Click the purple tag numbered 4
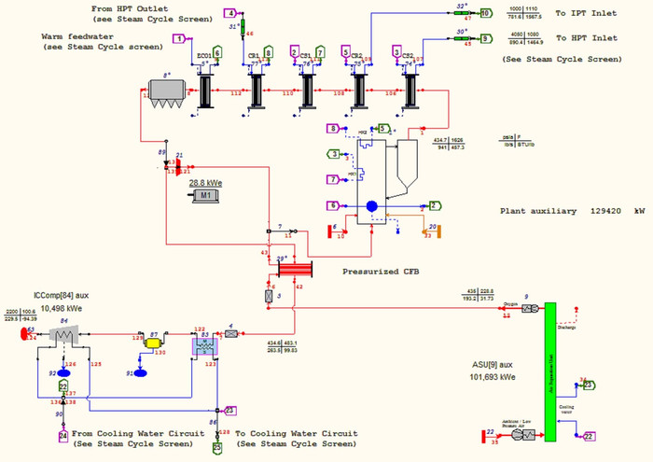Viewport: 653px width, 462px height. (230, 13)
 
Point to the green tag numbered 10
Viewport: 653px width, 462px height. (484, 13)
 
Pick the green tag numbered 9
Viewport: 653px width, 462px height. (484, 39)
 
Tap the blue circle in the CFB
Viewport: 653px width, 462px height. (370, 206)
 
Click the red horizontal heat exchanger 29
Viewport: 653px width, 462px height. (293, 268)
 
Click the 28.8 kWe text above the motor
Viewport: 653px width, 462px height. (207, 182)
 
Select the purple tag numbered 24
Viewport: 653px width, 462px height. (63, 436)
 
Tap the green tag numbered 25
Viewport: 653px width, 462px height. (217, 447)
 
